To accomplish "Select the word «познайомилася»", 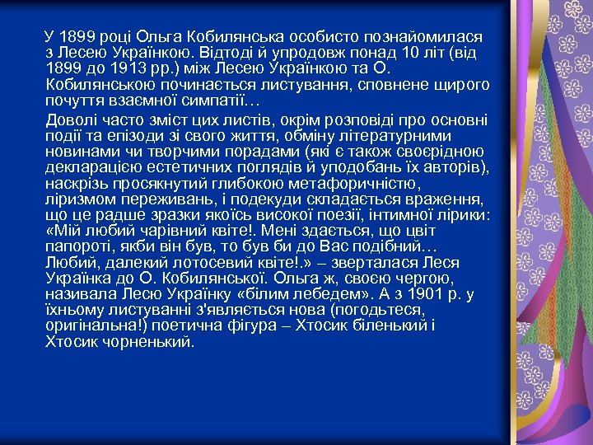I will (x=423, y=38).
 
